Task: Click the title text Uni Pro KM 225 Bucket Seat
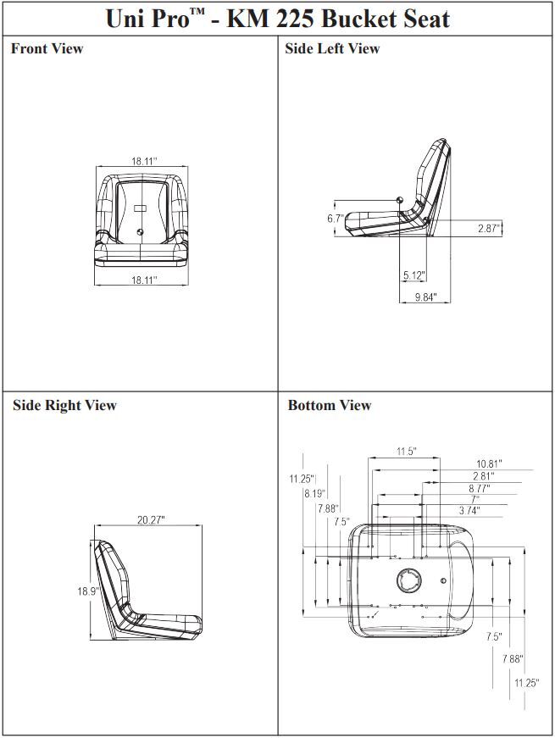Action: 277,18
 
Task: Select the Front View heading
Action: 47,48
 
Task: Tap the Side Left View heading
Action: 332,48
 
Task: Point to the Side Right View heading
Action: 64,405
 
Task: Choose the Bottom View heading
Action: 329,405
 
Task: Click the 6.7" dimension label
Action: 336,219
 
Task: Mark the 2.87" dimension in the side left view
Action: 488,229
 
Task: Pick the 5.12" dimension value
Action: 414,275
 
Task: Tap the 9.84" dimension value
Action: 426,297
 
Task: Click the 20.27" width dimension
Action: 151,519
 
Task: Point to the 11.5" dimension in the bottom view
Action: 406,452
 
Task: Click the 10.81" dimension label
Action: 489,463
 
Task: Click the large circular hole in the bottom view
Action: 408,581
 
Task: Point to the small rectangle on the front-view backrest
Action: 139,208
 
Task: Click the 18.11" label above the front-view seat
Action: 144,160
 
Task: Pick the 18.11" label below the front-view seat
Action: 144,280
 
